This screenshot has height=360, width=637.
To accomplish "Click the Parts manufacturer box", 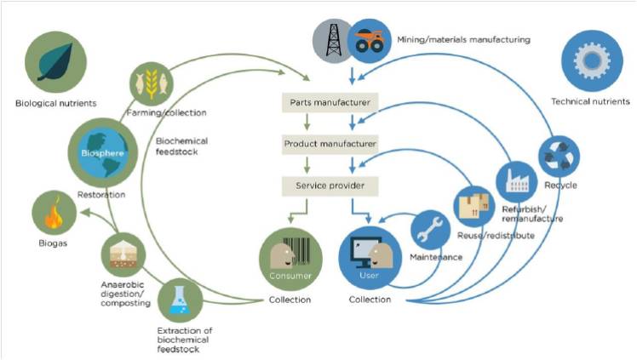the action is coord(330,103).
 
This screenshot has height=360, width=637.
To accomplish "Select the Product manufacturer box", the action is coord(330,144).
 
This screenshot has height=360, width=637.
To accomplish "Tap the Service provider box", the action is coord(330,186).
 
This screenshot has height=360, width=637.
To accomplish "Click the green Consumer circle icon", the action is coord(290,260).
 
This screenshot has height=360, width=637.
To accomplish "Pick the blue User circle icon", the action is coord(370,258).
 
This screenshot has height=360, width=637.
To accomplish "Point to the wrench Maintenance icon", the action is coord(431,229).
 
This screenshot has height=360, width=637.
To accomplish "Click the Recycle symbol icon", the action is coord(559,157).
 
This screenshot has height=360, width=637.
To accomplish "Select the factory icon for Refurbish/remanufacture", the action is coord(517,182).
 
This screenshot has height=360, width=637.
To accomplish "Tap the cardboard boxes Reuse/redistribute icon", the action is coord(473,206).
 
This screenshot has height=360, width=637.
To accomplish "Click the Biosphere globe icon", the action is coord(103,152).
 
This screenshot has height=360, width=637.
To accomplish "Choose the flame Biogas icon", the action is coord(54,213).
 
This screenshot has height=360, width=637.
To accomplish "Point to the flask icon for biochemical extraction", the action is coord(180,300).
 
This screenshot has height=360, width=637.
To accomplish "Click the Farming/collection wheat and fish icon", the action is coord(152,83).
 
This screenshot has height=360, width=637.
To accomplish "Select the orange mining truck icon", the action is coord(370,42).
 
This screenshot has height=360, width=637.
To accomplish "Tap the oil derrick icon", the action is coord(333,41).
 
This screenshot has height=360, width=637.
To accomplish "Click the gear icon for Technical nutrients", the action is coord(592,61).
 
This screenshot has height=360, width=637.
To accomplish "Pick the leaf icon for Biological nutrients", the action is coord(55,62).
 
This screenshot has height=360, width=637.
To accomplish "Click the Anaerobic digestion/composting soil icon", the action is coord(123,254).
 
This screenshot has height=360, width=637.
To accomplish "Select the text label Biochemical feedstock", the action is coord(182,146).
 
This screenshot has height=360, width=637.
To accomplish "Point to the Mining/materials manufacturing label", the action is coord(463,40).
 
